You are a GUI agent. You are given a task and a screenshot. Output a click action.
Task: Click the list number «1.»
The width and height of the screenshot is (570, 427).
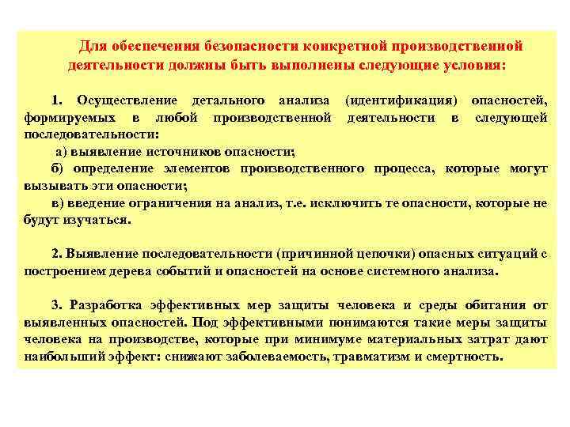coord(56,101)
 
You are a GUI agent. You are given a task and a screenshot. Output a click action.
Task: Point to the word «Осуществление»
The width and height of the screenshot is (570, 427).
coord(118,101)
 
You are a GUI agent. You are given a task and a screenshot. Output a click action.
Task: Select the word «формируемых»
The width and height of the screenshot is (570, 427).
coord(63,118)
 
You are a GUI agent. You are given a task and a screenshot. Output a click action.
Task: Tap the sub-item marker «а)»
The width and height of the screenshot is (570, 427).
coord(62,152)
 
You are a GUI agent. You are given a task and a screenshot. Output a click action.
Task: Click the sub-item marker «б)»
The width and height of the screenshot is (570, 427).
coord(56,169)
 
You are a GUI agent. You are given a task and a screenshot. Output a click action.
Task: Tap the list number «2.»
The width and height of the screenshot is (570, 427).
coord(56,254)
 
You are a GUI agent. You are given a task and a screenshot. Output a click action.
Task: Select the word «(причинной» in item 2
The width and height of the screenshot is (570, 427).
coord(313,254)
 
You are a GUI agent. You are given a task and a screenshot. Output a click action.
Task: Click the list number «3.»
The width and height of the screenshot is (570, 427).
coord(56,304)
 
